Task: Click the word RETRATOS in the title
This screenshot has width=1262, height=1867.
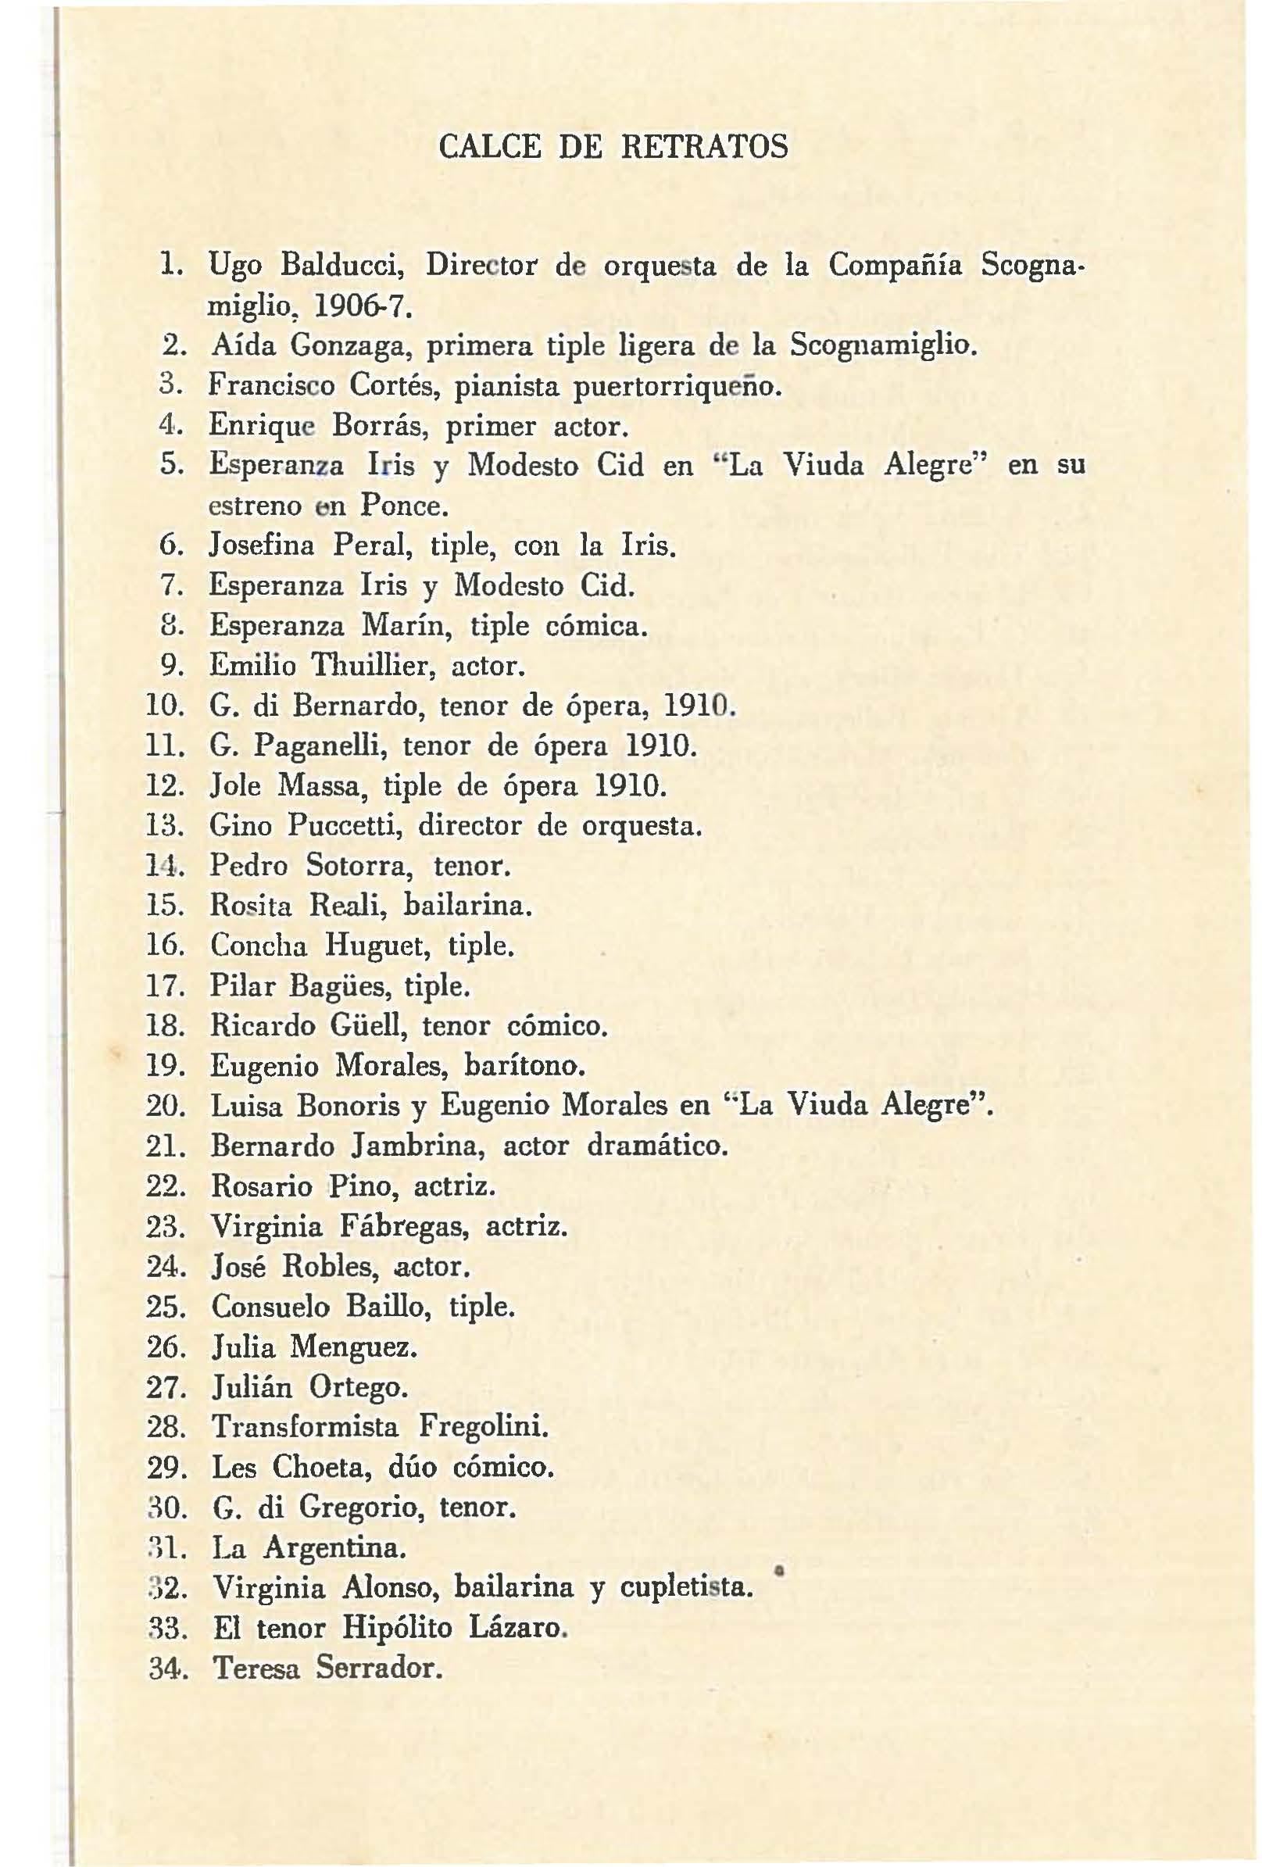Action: click(x=705, y=147)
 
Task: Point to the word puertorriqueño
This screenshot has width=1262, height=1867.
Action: click(x=677, y=386)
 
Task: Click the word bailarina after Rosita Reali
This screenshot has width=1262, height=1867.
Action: click(x=467, y=907)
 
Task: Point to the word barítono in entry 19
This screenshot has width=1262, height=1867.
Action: click(x=525, y=1066)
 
